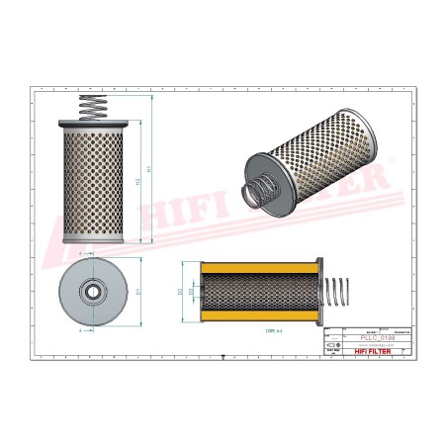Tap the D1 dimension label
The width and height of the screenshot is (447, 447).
click(x=137, y=293)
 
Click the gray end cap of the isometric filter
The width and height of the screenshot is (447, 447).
click(x=260, y=164)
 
